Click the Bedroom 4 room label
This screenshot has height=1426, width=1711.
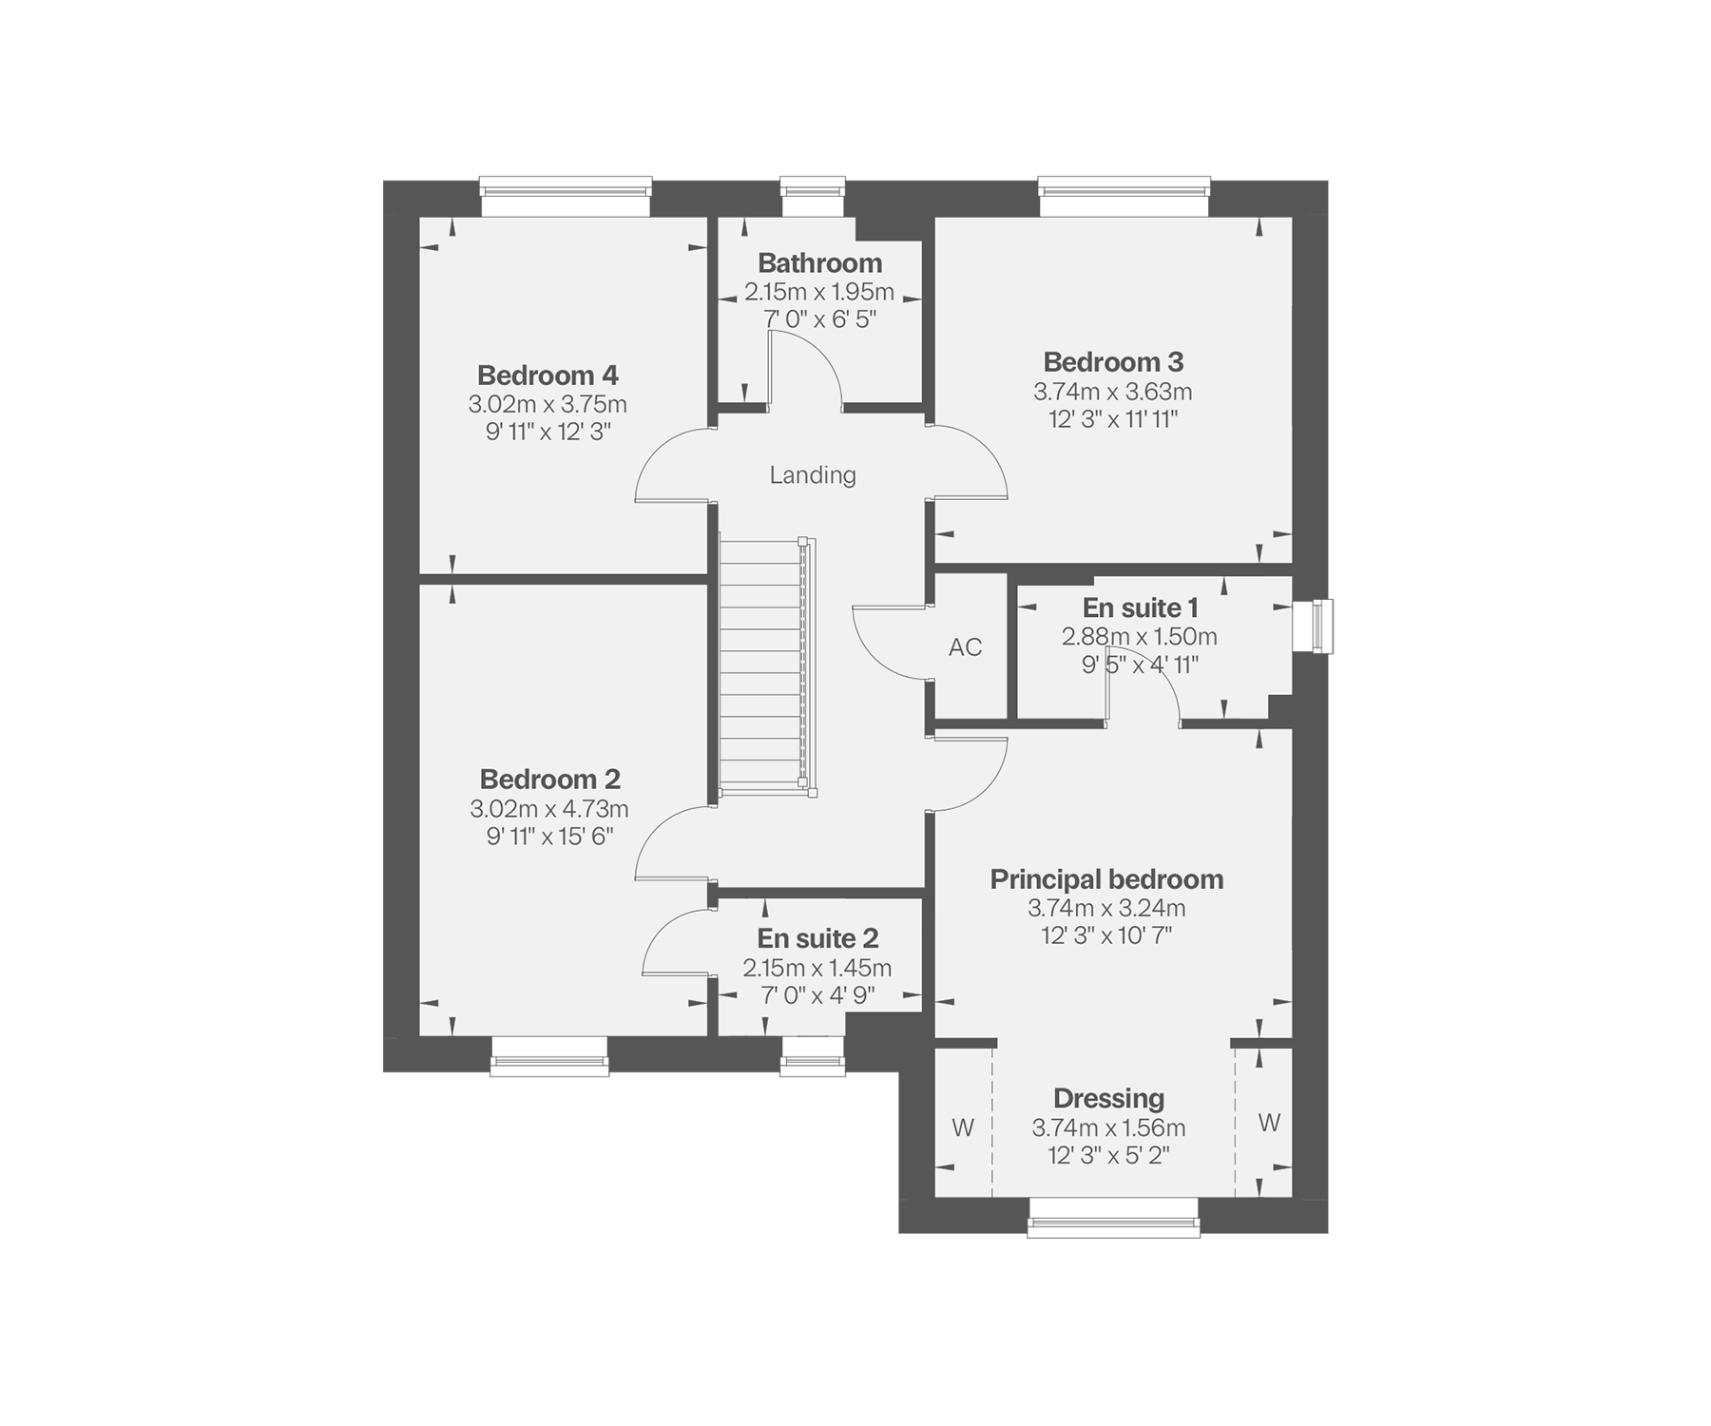pos(548,375)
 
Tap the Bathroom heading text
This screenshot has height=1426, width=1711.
pos(819,263)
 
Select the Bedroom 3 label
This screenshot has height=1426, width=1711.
pos(1113,362)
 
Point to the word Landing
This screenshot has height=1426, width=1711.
pos(813,475)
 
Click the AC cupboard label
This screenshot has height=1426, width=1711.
pos(965,647)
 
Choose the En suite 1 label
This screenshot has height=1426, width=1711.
pos(1140,607)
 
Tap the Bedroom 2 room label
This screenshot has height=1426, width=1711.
pos(549,780)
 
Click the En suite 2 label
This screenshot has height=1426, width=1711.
pos(817,939)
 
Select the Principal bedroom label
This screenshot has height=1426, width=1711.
pos(1106,879)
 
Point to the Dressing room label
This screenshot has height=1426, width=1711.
pos(1108,1099)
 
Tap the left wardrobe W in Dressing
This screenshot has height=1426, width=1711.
pos(963,1128)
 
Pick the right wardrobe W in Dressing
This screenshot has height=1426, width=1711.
pos(1269,1124)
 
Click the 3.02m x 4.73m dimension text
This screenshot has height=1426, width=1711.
pos(549,810)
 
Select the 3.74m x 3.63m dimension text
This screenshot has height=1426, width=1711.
pos(1113,392)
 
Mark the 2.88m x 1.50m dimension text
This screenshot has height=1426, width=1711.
pos(1140,637)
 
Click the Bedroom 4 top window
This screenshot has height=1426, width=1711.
pos(566,197)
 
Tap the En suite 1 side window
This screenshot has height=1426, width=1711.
pos(1313,626)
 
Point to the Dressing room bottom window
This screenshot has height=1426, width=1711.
pos(1113,1217)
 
